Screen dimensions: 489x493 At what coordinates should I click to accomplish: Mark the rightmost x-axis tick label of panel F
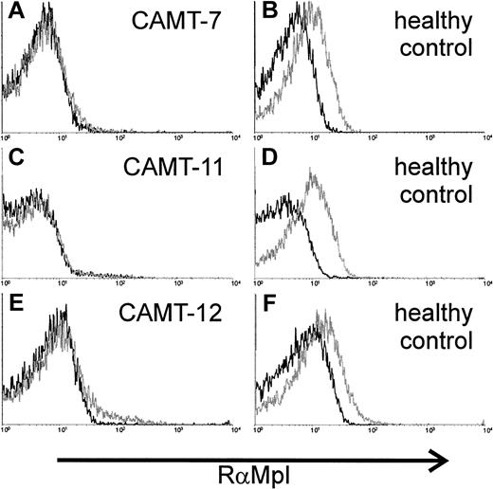[484, 431]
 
